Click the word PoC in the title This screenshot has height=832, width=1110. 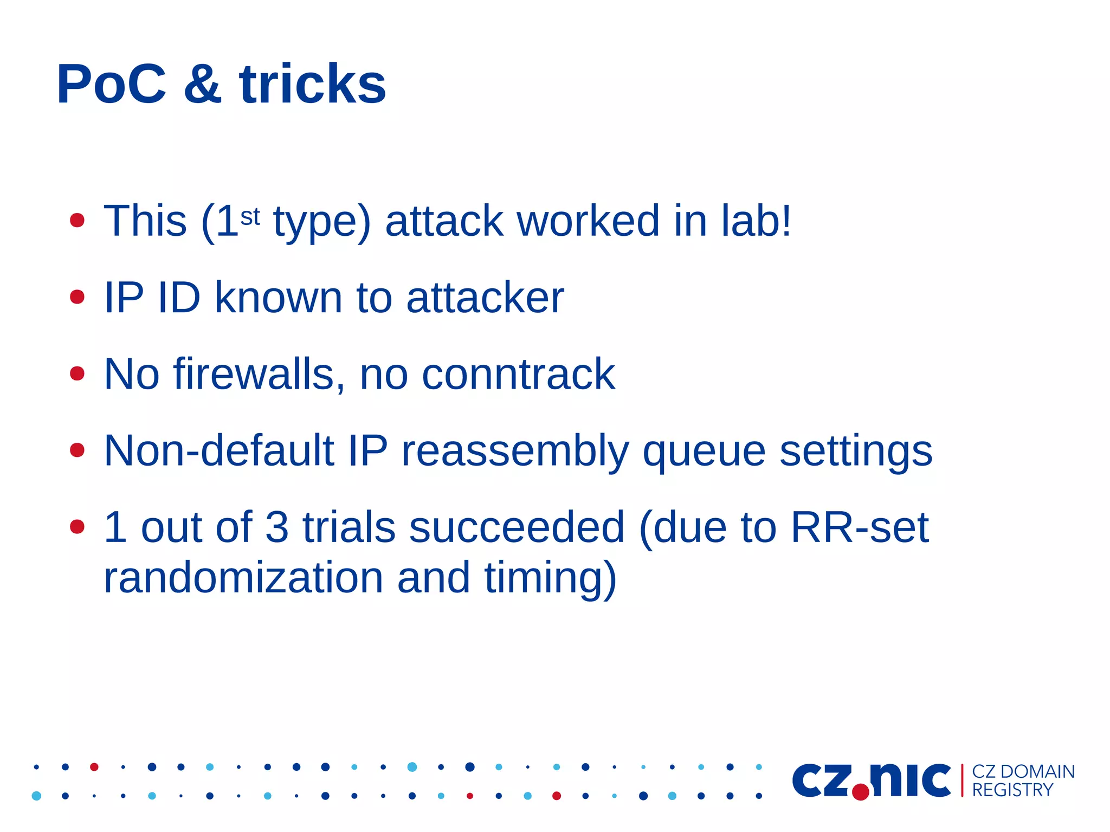[x=111, y=85]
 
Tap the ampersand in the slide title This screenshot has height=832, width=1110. [x=203, y=85]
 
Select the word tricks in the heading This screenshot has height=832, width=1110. [x=312, y=85]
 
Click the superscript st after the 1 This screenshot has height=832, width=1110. [x=250, y=217]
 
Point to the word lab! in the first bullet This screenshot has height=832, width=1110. [x=756, y=221]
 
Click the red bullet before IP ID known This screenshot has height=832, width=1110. [x=78, y=297]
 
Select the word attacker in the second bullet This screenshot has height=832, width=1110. [x=485, y=298]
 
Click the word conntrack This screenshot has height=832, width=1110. [x=518, y=374]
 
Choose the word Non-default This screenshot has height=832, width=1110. [x=218, y=450]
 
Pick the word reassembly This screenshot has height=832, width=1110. [x=515, y=452]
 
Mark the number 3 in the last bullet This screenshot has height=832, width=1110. [x=276, y=527]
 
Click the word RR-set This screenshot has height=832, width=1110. [x=859, y=527]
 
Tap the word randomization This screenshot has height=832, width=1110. [x=243, y=578]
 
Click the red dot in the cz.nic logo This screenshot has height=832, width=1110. [x=860, y=792]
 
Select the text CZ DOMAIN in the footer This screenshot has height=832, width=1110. [x=1023, y=771]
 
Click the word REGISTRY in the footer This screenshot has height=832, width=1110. [x=1012, y=790]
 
